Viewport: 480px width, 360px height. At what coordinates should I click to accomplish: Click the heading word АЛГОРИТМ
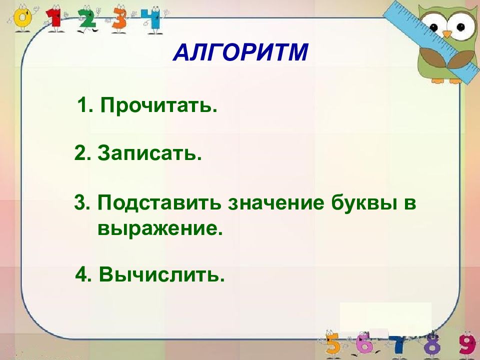tap(240, 52)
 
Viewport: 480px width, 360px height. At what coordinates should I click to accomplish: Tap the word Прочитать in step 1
tap(158, 105)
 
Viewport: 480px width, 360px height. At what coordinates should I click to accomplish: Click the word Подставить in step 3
tap(159, 203)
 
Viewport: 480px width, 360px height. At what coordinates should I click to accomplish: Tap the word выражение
tap(160, 228)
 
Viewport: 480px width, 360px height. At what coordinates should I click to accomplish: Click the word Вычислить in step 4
tap(162, 274)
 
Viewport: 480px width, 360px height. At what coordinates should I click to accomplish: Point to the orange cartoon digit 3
tap(119, 19)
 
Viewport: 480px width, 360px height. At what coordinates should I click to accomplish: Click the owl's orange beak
tap(447, 33)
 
